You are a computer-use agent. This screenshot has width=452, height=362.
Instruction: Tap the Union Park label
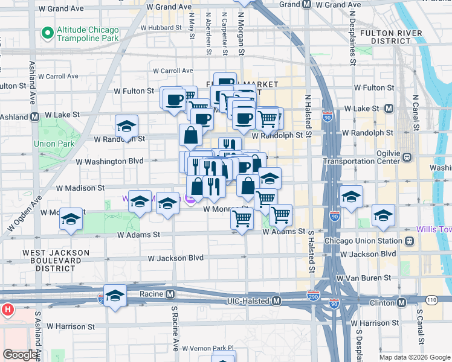[54, 144]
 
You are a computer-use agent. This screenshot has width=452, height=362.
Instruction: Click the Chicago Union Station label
[364, 241]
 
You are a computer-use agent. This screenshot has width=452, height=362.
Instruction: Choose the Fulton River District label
[384, 36]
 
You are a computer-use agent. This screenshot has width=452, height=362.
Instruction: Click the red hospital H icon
[7, 310]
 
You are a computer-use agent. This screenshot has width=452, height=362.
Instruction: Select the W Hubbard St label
[161, 28]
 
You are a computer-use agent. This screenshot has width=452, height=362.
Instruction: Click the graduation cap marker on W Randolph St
[127, 127]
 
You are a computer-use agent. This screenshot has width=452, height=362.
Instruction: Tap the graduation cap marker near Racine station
[115, 296]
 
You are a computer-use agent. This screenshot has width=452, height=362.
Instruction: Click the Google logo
[20, 355]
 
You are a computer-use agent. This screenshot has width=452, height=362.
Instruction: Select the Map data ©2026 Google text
[415, 357]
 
